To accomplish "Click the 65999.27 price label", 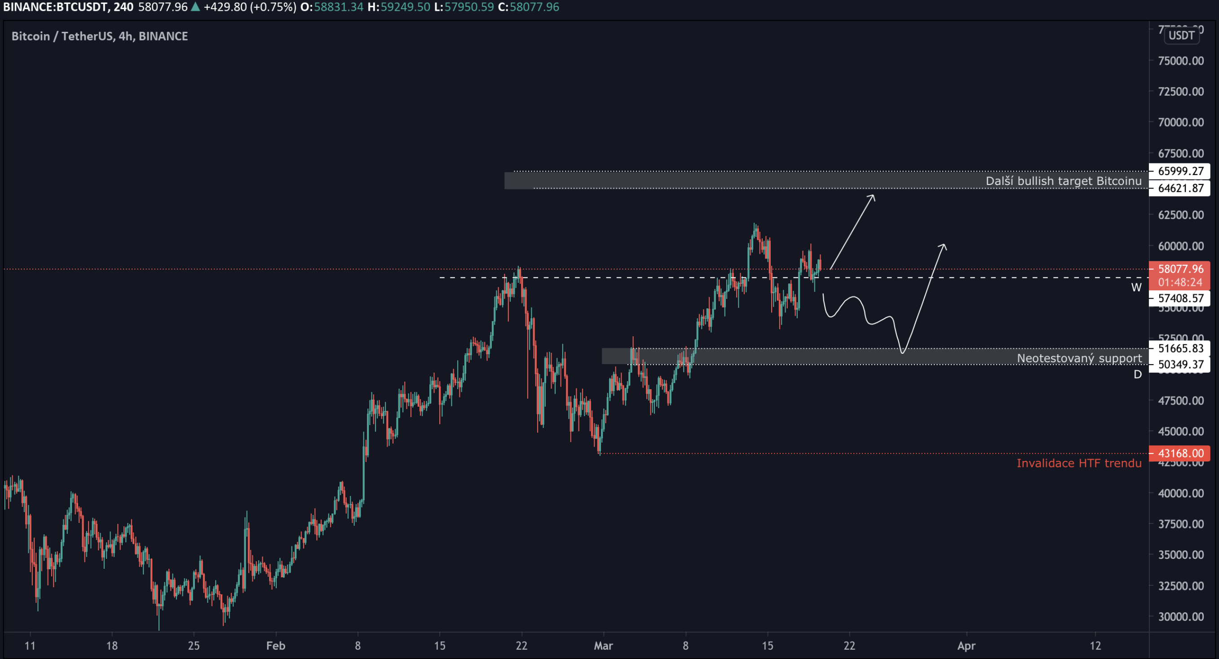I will click(1180, 171).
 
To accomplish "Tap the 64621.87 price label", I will click(1180, 188).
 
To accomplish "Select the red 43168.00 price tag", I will click(1180, 453).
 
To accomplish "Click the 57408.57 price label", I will click(1180, 298).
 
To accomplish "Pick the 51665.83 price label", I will click(1180, 348).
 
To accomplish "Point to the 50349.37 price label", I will click(1180, 364).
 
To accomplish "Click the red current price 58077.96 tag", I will click(1180, 269).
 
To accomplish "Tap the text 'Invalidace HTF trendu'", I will click(1079, 463).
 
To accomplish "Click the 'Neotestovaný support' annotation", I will click(1079, 358).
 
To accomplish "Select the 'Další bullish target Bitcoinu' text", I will click(1063, 181).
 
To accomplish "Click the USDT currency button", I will click(1181, 35).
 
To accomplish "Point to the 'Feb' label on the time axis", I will click(275, 646).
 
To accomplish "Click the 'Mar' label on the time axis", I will click(603, 646).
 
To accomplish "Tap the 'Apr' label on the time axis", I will click(966, 646).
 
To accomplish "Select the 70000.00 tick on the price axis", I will click(1181, 122).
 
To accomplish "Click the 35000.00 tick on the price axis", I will click(1181, 554).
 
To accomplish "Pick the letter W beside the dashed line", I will click(1136, 287).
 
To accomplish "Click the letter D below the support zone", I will click(1138, 375).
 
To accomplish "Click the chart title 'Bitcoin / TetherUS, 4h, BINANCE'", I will click(99, 36).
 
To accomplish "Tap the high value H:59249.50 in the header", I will click(399, 7).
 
